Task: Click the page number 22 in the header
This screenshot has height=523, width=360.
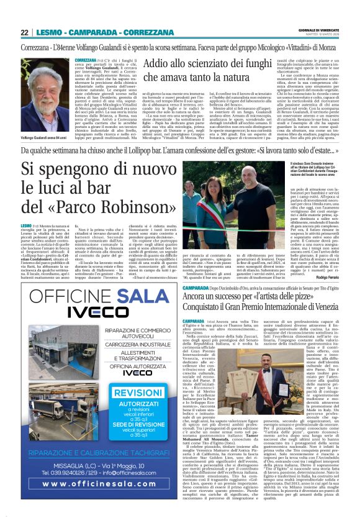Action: (x=24, y=32)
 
